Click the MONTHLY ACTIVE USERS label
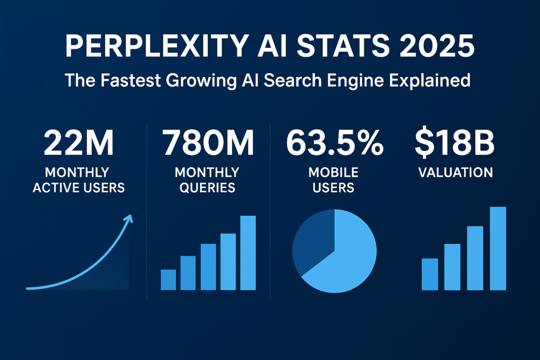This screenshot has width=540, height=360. click(x=79, y=180)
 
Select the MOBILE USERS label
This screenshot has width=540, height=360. click(x=334, y=180)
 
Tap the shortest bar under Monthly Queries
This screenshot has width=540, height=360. click(x=168, y=280)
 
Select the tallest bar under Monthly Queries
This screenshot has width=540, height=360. click(x=248, y=253)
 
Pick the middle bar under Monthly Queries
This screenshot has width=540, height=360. click(x=208, y=267)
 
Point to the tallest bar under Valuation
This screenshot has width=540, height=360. click(x=498, y=248)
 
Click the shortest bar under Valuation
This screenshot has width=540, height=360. click(x=430, y=274)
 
